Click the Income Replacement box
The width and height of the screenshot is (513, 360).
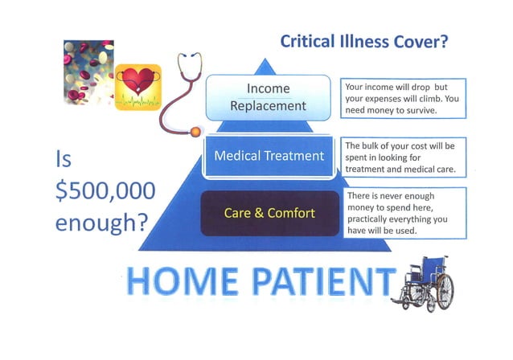click(x=268, y=96)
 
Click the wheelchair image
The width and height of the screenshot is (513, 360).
click(x=426, y=282)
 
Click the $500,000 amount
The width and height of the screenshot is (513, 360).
click(x=105, y=191)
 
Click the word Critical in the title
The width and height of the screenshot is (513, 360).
click(x=313, y=42)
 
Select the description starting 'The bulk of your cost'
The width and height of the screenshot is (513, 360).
click(x=400, y=157)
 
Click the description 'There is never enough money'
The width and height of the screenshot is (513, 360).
click(x=400, y=213)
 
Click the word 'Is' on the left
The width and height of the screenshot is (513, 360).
click(x=64, y=161)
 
